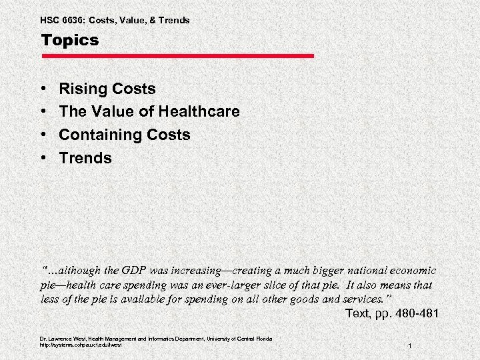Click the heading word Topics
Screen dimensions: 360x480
pyautogui.click(x=69, y=41)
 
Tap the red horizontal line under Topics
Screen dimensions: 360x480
pyautogui.click(x=177, y=56)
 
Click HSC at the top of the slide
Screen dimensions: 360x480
pyautogui.click(x=50, y=20)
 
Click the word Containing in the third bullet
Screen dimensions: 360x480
pyautogui.click(x=98, y=135)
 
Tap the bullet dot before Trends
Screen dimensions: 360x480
pyautogui.click(x=43, y=159)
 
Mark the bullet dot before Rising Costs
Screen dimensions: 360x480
pyautogui.click(x=43, y=89)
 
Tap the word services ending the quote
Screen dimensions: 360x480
pyautogui.click(x=363, y=299)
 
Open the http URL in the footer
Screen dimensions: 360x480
pyautogui.click(x=81, y=345)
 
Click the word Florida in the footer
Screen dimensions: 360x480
pyautogui.click(x=262, y=339)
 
